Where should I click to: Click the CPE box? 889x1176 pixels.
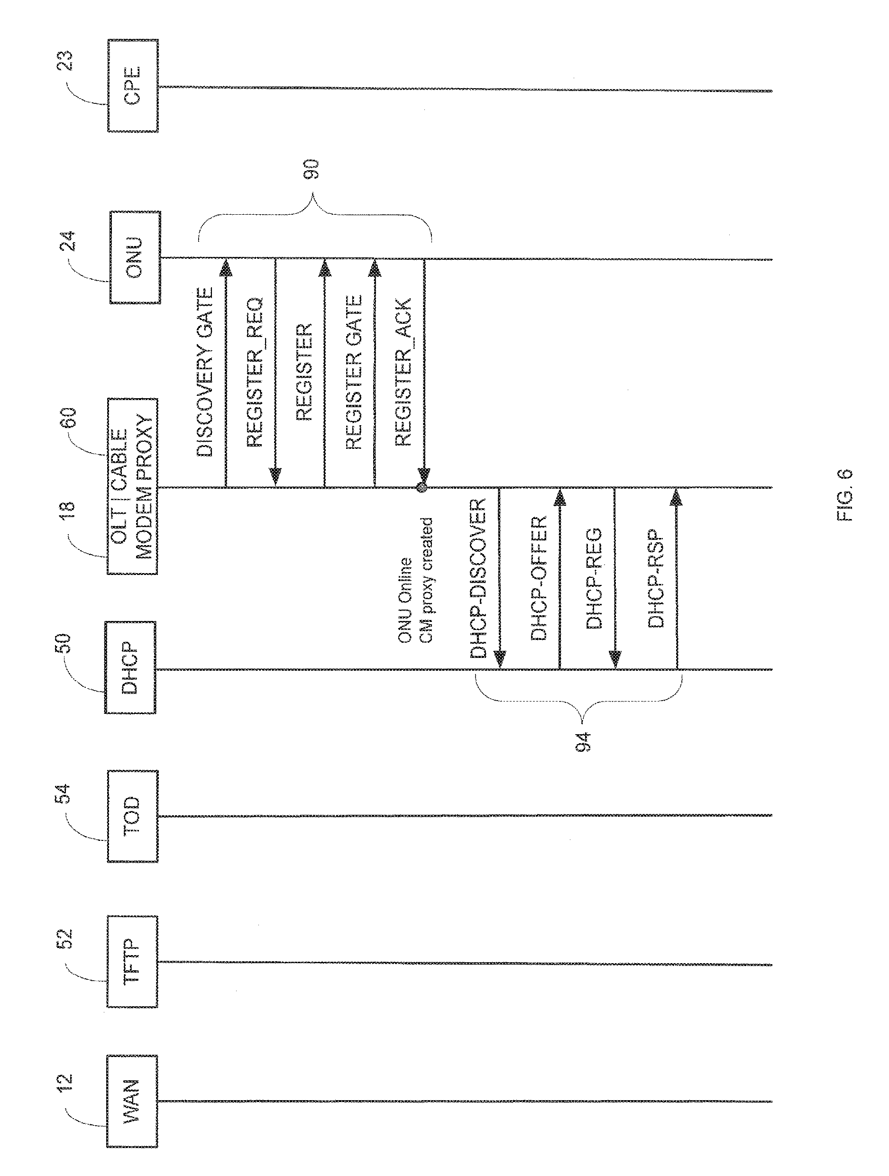(x=133, y=86)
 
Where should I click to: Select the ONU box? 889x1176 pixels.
(x=135, y=257)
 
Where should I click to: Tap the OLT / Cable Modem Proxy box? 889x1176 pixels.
(x=132, y=486)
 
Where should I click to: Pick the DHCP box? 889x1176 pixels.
(x=130, y=667)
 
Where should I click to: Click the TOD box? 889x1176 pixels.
(x=132, y=816)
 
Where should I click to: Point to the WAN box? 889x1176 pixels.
(x=132, y=1101)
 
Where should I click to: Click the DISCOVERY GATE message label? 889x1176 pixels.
(x=205, y=372)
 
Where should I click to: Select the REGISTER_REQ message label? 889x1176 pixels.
(x=255, y=372)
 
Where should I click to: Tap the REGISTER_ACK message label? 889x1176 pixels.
(x=403, y=372)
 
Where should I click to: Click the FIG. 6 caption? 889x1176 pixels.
(x=845, y=495)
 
